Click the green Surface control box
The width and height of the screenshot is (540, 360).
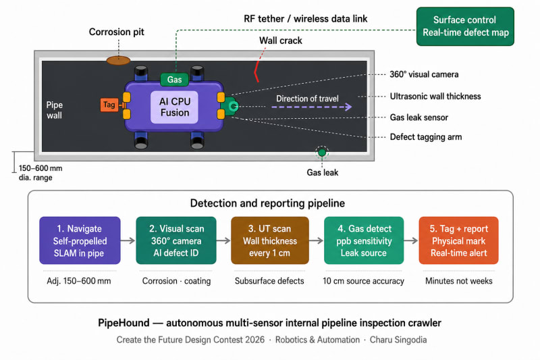pyautogui.click(x=465, y=26)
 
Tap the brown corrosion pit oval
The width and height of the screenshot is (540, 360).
pyautogui.click(x=118, y=61)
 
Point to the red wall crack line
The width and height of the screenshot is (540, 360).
pyautogui.click(x=256, y=72)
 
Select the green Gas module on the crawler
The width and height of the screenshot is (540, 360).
pyautogui.click(x=175, y=80)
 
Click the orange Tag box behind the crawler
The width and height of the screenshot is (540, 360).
pyautogui.click(x=109, y=105)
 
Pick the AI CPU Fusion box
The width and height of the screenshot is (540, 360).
pyautogui.click(x=174, y=107)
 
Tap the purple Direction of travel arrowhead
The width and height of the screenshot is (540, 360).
pyautogui.click(x=348, y=107)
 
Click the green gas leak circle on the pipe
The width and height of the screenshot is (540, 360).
pyautogui.click(x=322, y=152)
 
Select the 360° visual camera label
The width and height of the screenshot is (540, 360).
pyautogui.click(x=424, y=74)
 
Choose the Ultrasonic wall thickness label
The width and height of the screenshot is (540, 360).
pyautogui.click(x=435, y=96)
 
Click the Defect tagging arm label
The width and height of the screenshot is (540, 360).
pyautogui.click(x=426, y=136)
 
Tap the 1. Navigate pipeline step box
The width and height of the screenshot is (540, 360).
pyautogui.click(x=80, y=240)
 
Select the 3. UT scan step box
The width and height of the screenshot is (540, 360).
pyautogui.click(x=269, y=240)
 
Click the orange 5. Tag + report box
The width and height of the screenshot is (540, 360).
pyautogui.click(x=458, y=240)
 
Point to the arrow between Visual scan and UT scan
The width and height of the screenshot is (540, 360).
pyautogui.click(x=223, y=240)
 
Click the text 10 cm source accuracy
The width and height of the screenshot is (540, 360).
pyautogui.click(x=363, y=281)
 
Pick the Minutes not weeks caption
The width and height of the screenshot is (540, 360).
pyautogui.click(x=459, y=281)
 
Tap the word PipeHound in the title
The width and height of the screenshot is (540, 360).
pyautogui.click(x=124, y=323)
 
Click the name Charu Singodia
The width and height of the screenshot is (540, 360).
pyautogui.click(x=398, y=340)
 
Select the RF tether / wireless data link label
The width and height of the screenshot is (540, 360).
pyautogui.click(x=306, y=19)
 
